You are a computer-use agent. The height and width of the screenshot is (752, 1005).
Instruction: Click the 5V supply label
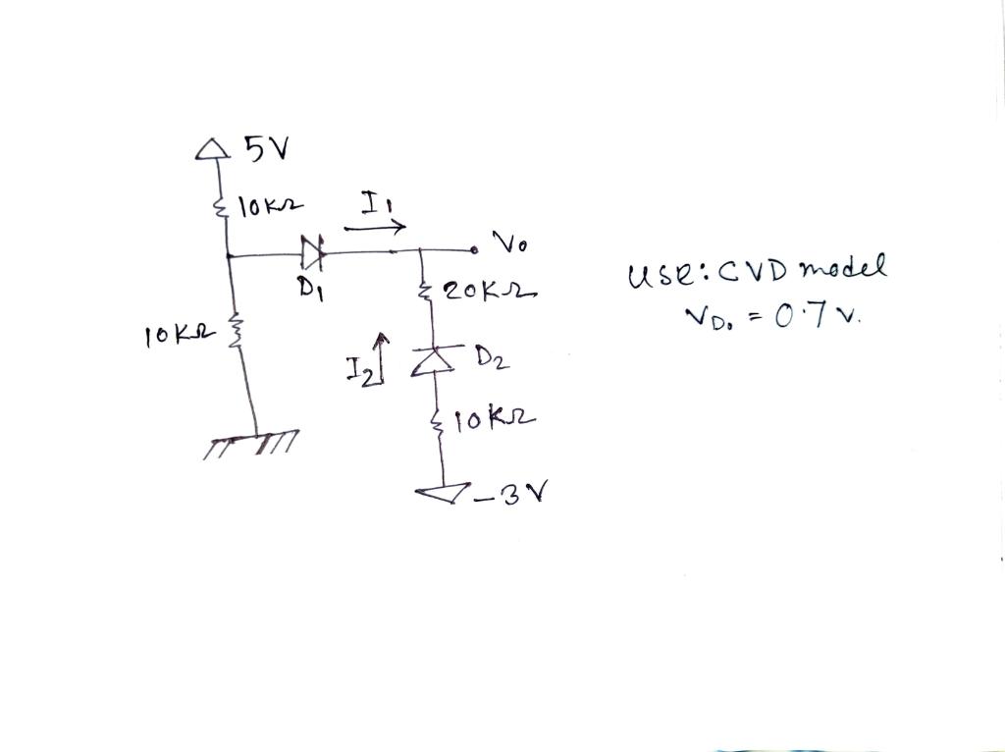[267, 149]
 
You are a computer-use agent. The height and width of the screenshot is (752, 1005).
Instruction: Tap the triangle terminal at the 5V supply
[207, 149]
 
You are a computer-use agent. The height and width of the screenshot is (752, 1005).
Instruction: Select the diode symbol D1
[313, 255]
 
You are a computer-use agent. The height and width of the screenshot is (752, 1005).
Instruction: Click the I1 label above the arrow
[374, 204]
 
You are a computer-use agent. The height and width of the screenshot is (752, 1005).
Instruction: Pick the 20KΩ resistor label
[488, 293]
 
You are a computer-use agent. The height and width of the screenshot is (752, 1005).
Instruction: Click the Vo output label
[508, 243]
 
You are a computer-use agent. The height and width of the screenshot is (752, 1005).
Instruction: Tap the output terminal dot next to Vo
[473, 251]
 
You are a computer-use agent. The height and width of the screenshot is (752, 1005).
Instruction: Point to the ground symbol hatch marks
[253, 444]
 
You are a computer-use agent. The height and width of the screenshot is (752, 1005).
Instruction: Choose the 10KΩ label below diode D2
[499, 420]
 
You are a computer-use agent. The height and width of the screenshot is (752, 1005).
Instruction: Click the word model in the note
[843, 267]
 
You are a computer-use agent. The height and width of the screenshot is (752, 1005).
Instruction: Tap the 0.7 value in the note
[807, 317]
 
